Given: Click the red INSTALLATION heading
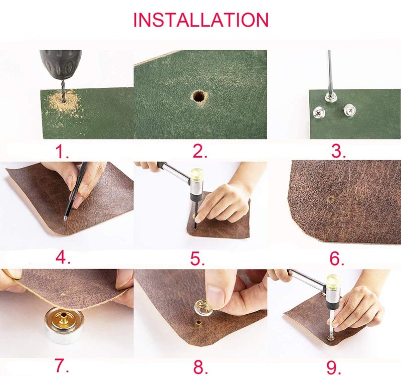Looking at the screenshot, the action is coord(201,20).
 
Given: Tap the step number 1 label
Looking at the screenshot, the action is coord(62,152).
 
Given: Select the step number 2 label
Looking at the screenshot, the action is coord(199,151).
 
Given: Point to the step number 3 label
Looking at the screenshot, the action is coord(338,151).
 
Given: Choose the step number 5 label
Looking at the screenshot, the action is coord(197,259).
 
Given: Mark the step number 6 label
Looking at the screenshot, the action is coord(337,259).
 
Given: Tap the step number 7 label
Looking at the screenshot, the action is coord(62,365).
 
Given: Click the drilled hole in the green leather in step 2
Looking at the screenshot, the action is coord(199,97).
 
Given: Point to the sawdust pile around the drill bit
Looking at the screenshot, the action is coord(63,102).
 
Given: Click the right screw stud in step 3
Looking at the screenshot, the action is coord(348,109).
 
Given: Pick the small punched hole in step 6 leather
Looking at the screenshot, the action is coord(330,199).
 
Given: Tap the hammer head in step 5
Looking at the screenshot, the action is coord(195,184).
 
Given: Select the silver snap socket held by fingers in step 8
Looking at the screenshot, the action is coord(203,308).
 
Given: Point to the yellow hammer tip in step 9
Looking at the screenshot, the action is coord(332,281).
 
